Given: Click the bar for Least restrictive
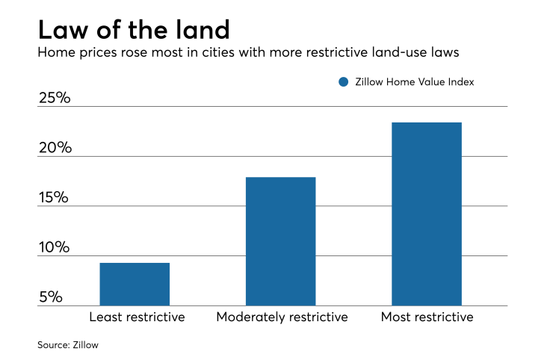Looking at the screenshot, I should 135,284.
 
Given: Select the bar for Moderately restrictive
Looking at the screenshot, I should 280,241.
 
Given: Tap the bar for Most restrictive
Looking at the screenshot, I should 427,214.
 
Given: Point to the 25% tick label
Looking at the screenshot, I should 55,97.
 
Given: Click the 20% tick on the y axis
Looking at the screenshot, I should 55,147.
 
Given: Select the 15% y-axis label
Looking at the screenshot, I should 55,197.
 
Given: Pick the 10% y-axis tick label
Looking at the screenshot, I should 55,247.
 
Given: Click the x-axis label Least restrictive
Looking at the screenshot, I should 137,317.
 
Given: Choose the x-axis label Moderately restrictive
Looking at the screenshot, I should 282,317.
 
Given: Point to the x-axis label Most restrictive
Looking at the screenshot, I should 427,317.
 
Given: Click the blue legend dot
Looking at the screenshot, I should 343,82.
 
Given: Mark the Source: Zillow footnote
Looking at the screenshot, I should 68,345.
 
